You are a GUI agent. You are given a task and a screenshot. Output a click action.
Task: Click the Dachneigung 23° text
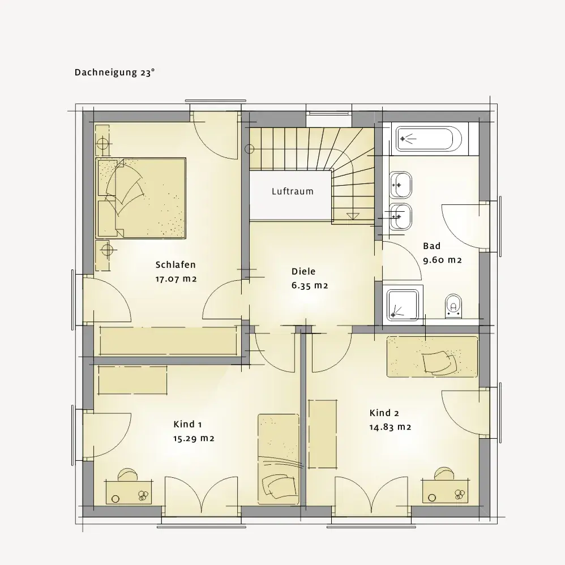coord(114,72)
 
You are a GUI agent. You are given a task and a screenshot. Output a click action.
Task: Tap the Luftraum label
coord(293,191)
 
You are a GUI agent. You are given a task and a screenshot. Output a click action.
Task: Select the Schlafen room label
coord(176,265)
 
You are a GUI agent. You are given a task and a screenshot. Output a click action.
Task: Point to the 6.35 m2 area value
coord(310,286)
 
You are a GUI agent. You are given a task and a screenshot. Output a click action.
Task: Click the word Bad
coord(432,246)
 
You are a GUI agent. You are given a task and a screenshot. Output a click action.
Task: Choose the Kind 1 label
coord(187,425)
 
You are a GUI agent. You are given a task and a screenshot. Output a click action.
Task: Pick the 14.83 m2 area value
coord(390,427)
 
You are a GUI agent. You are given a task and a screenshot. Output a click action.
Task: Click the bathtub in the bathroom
coord(429,138)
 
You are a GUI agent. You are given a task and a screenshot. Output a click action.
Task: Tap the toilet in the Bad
coord(453,307)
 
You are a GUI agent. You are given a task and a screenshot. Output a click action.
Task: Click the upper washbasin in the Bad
coord(401,185)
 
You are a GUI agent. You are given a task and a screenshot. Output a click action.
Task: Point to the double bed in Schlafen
coord(141,198)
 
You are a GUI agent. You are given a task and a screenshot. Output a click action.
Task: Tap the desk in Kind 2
coord(446,492)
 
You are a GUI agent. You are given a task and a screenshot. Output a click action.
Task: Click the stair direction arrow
coord(353,216)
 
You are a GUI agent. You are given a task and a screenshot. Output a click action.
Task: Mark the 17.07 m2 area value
coord(176,279)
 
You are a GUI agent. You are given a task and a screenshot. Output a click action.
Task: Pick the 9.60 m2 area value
coord(442,260)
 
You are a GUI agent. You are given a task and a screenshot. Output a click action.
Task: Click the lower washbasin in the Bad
coord(401,217)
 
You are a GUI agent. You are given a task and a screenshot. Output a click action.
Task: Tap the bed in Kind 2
coord(433,357)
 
